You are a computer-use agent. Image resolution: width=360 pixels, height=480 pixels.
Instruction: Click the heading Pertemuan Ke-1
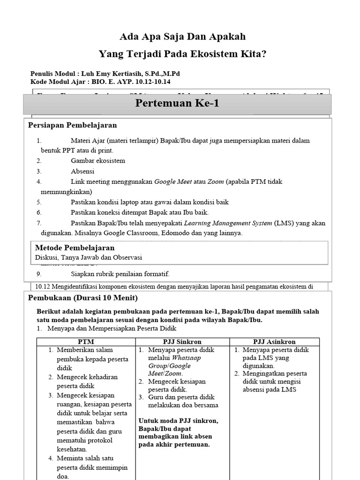(177, 104)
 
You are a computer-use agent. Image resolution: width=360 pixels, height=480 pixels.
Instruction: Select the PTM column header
(86, 342)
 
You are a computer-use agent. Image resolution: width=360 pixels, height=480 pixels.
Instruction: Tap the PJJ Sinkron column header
(182, 342)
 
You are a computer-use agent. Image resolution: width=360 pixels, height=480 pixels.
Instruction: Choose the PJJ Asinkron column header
(274, 342)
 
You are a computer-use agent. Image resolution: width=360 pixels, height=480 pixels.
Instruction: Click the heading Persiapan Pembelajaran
(73, 125)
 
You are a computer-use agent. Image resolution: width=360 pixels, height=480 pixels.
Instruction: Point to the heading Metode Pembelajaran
(75, 247)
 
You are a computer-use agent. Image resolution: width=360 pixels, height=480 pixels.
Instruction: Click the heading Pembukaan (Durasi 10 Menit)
(83, 298)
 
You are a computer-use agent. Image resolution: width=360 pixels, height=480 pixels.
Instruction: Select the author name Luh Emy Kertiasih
(112, 74)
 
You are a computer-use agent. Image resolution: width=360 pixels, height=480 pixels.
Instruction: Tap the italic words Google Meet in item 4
(172, 181)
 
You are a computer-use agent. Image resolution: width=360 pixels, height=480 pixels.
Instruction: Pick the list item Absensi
(82, 171)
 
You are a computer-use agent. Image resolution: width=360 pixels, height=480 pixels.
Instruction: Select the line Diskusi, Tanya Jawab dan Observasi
(89, 257)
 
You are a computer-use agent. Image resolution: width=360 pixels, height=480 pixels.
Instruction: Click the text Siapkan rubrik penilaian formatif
(120, 274)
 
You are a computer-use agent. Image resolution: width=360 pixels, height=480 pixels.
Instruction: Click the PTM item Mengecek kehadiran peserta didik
(87, 381)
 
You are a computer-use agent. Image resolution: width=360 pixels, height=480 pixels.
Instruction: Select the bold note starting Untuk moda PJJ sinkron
(178, 433)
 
